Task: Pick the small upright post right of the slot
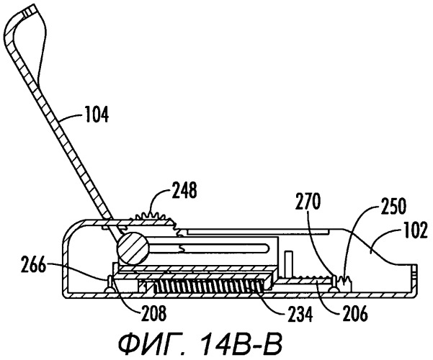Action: pyautogui.click(x=288, y=264)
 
